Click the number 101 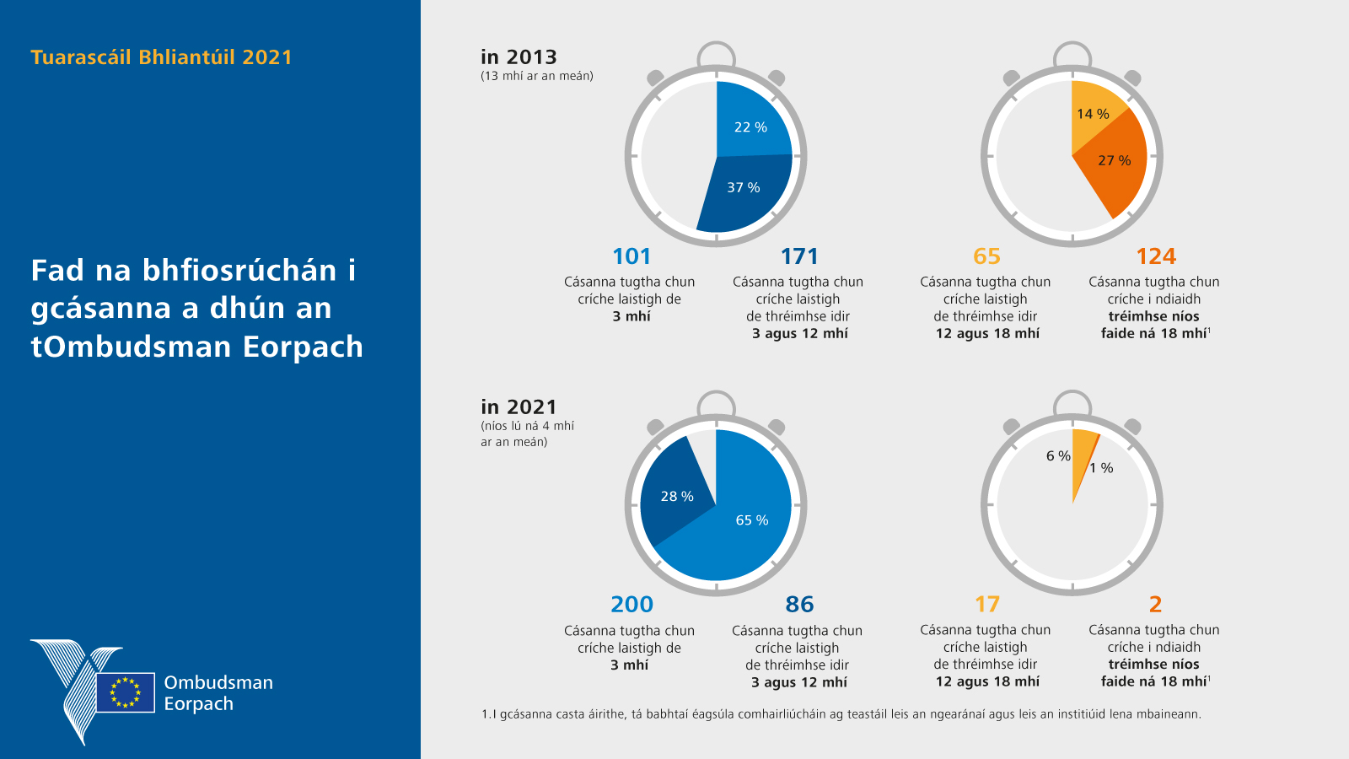coord(632,256)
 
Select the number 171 coord(799,256)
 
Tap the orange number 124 coord(1155,256)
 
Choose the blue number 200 coord(632,605)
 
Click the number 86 coord(799,605)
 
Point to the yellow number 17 coord(986,605)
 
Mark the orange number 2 coord(1155,605)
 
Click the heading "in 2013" coord(519,57)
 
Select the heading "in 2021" coord(519,407)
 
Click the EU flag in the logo coord(126,692)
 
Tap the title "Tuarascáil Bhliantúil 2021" coord(161,57)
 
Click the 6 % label coord(1058,456)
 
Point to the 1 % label coord(1101,468)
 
